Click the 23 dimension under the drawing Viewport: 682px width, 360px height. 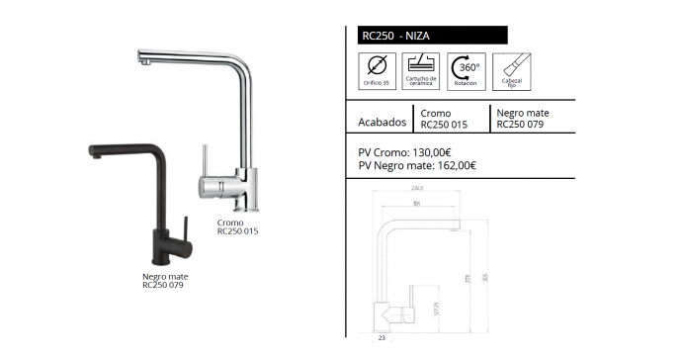pos(382,339)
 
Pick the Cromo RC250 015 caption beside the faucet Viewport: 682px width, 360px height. pos(237,227)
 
